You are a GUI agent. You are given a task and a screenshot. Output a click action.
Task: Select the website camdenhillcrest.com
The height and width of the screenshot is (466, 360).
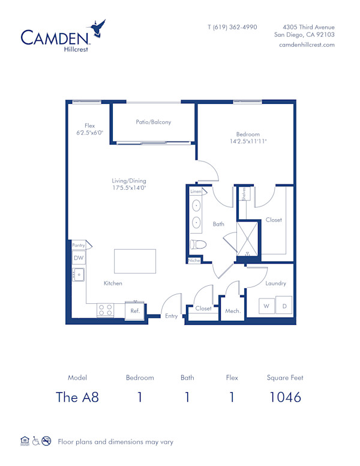[x=307, y=45]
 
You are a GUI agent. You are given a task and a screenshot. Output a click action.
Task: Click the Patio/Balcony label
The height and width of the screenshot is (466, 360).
[x=154, y=122]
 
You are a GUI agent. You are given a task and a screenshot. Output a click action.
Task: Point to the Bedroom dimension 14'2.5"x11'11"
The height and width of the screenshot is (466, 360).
[x=248, y=141]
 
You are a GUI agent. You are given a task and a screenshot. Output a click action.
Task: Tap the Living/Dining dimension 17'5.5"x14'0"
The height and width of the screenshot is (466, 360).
[x=129, y=188]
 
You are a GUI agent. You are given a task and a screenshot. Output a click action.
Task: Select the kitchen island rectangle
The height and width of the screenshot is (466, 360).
[x=135, y=262]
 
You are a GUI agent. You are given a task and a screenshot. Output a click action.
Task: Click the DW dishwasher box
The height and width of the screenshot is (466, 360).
[x=79, y=258]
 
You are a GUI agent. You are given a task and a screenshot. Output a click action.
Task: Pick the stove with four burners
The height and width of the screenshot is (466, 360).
[x=106, y=310]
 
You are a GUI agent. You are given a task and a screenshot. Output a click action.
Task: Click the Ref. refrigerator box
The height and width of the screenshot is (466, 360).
[x=135, y=310]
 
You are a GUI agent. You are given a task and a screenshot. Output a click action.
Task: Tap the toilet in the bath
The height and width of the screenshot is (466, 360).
[x=198, y=244]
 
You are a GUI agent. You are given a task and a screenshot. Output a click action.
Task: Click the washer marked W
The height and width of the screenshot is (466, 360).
[x=266, y=306]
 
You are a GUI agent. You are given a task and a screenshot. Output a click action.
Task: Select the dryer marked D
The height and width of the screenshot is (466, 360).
[x=284, y=306]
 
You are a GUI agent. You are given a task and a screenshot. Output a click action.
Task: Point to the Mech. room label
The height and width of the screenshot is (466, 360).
[x=233, y=311]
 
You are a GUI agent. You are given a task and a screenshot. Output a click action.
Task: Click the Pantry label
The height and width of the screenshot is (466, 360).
[x=79, y=245]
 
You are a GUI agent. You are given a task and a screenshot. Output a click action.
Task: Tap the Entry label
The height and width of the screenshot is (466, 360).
[x=172, y=316]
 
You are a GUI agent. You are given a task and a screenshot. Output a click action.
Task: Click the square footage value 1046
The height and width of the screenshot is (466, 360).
[x=285, y=397]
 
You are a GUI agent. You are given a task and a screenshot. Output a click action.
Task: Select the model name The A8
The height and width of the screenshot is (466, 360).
[x=77, y=397]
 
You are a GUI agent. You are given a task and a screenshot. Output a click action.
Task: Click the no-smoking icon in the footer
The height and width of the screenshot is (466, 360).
[x=46, y=441]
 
